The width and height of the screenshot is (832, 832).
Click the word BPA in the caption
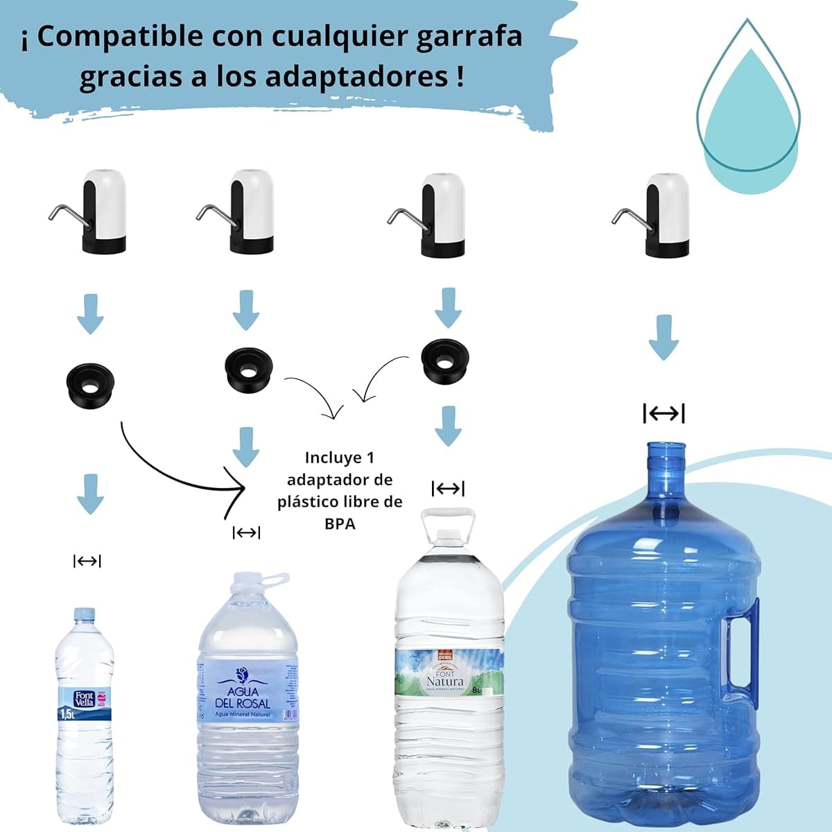pyautogui.click(x=340, y=523)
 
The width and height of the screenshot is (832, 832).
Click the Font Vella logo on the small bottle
pyautogui.click(x=84, y=698)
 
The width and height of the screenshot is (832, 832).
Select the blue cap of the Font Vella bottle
pyautogui.click(x=84, y=614)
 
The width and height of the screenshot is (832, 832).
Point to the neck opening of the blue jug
pyautogui.click(x=666, y=447)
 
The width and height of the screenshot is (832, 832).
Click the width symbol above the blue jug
pyautogui.click(x=664, y=414)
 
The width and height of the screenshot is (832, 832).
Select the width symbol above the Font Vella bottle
pyautogui.click(x=87, y=561)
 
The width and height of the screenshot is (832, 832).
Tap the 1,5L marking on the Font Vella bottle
pyautogui.click(x=68, y=713)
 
